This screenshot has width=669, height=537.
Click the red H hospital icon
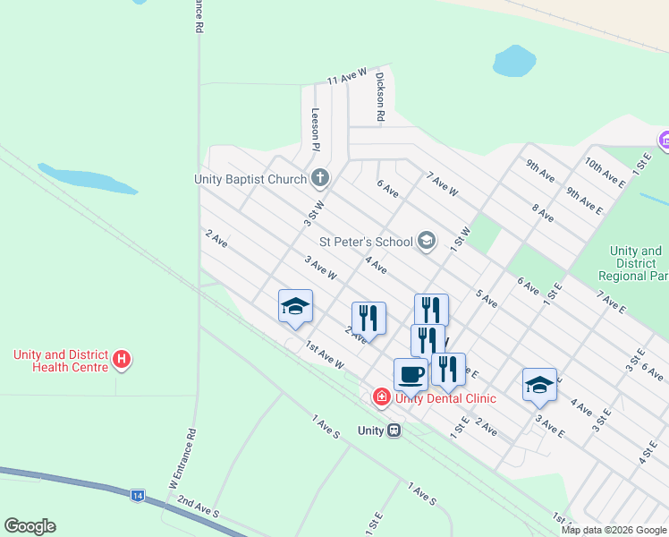click(123, 361)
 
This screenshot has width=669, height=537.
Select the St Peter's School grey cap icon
click(427, 240)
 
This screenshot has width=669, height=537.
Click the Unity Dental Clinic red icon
click(382, 396)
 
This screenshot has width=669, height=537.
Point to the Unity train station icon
click(393, 430)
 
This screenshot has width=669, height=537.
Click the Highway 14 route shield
click(137, 494)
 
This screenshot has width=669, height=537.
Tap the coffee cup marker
click(411, 373)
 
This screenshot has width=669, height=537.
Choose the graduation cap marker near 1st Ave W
click(295, 307)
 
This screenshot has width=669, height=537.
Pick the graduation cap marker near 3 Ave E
click(539, 384)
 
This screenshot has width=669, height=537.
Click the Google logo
click(30, 526)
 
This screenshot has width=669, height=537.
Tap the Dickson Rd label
click(380, 97)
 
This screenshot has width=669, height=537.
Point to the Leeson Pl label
click(316, 128)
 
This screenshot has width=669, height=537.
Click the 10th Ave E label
click(605, 172)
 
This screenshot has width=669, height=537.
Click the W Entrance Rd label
click(191, 454)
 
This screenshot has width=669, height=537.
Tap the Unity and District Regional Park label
click(637, 263)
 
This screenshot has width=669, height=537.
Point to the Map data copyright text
click(614, 530)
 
